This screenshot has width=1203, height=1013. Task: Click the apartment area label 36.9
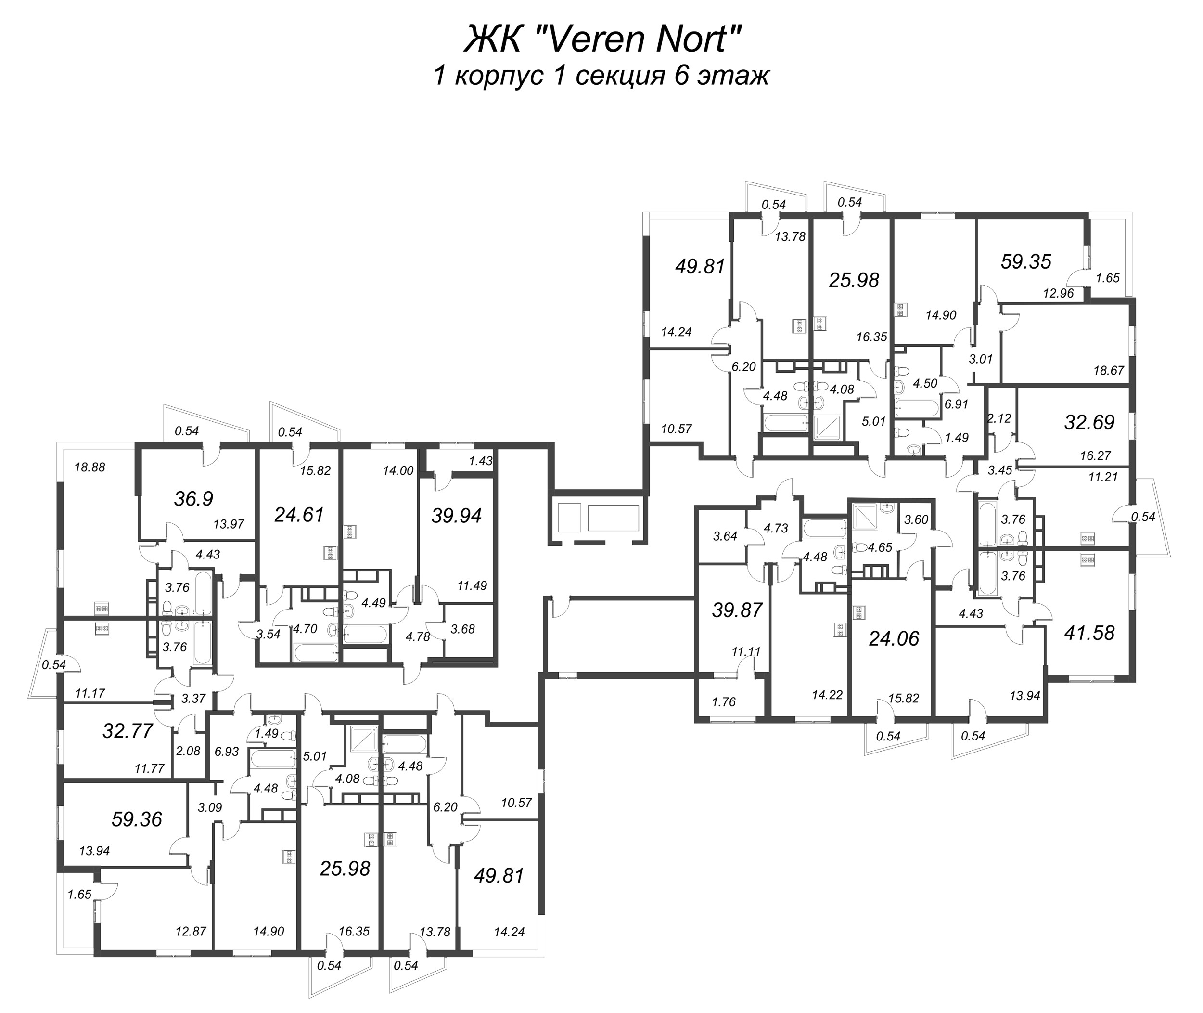[x=193, y=498]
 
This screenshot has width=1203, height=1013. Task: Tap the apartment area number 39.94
[x=456, y=516]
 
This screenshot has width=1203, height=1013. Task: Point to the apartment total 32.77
[x=128, y=730]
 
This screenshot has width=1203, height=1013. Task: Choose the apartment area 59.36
[x=137, y=819]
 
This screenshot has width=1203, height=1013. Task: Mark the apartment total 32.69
[x=1089, y=422]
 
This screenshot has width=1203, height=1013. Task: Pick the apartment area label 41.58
[x=1089, y=633]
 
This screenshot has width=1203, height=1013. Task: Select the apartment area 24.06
[x=894, y=638]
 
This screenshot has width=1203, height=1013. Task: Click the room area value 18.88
[x=90, y=467]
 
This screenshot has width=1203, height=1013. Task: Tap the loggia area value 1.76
[x=724, y=702]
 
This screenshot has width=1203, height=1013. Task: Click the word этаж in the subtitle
[x=733, y=76]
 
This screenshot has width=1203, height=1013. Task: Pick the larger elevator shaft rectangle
[x=613, y=518]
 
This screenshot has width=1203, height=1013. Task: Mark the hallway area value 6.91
[x=956, y=403]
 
